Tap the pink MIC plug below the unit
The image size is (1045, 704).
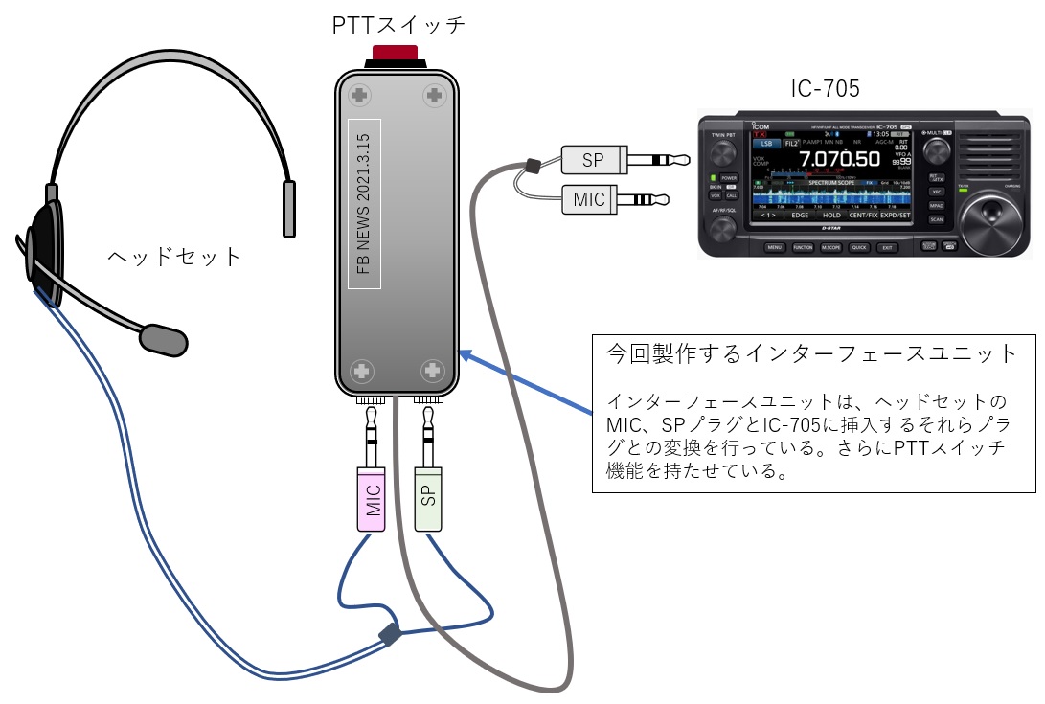[372, 499]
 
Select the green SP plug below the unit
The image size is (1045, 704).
[428, 499]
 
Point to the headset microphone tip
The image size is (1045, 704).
[163, 337]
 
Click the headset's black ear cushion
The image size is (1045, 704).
[43, 254]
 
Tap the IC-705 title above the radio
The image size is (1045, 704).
[825, 90]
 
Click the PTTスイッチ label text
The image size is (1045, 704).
[398, 24]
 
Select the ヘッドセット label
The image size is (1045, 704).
[173, 257]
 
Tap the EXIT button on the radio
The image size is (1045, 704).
[888, 247]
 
